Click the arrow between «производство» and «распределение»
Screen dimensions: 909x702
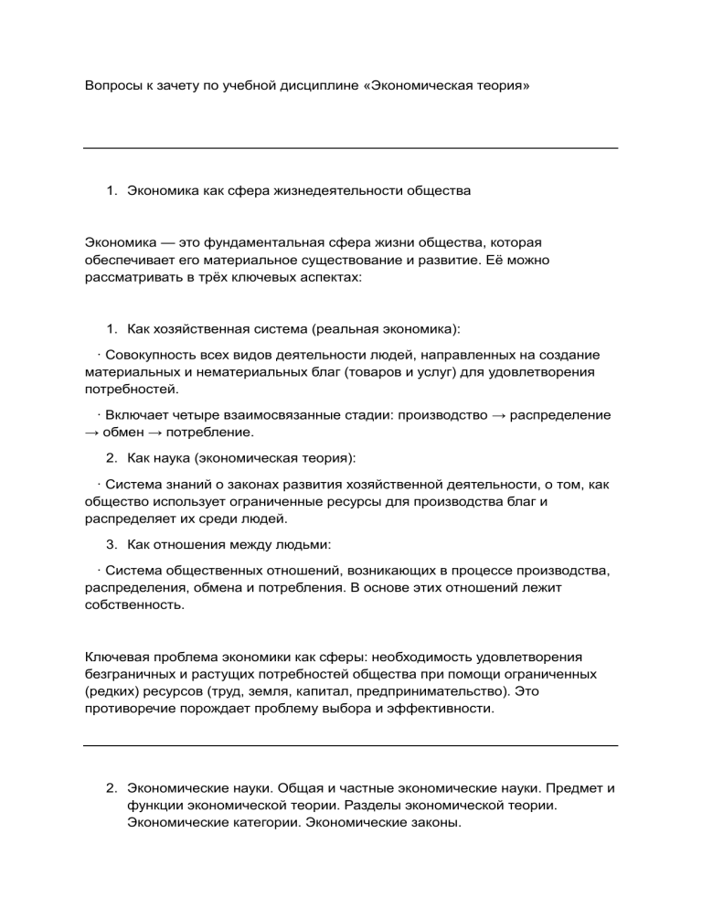pos(496,414)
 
